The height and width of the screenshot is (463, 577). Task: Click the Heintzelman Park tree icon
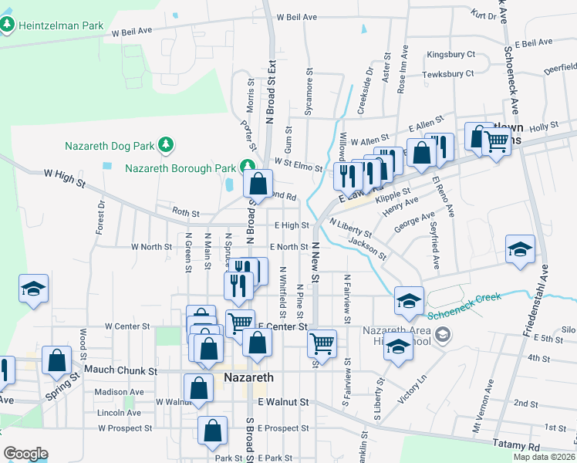8,25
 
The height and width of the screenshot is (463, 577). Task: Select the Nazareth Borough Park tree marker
247,166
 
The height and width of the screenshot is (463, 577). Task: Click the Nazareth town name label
248,378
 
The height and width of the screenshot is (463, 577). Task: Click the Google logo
25,454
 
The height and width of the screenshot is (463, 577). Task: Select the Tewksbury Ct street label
448,74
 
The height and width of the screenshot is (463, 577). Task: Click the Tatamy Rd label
518,445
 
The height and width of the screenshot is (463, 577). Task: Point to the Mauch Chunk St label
120,371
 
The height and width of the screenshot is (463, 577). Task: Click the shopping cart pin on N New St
322,343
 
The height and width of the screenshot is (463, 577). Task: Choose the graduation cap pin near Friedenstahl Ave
520,250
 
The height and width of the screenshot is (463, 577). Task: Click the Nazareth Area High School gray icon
442,334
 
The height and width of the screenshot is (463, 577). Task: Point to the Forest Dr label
100,218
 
